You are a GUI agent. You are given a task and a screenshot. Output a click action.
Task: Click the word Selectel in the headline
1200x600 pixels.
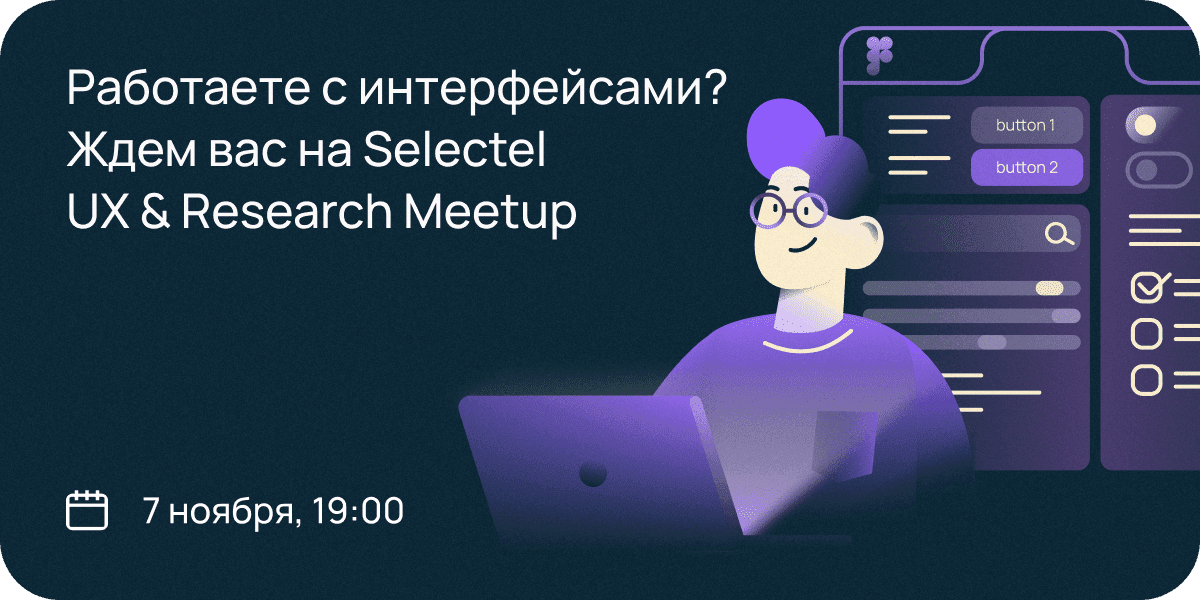click(454, 149)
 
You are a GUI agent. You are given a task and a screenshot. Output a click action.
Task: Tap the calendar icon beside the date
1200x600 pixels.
click(87, 510)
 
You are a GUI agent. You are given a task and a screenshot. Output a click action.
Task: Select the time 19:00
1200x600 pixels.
click(357, 510)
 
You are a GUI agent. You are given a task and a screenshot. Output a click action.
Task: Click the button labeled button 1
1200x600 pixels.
click(1026, 125)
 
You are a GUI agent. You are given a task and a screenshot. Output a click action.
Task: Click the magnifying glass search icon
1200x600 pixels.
click(1059, 234)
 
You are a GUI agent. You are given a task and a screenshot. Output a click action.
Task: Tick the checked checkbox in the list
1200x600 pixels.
click(1150, 288)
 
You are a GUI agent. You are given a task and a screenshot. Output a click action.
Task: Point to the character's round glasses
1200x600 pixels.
click(789, 210)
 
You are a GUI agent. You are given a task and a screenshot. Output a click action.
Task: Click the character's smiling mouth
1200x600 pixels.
click(802, 247)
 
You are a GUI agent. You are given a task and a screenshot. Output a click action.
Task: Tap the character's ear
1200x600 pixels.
click(864, 242)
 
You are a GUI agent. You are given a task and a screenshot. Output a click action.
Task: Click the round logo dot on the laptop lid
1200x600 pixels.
click(592, 473)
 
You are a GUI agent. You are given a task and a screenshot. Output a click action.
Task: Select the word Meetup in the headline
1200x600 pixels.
click(490, 213)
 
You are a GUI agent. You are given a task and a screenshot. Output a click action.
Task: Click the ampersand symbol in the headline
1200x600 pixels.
click(155, 211)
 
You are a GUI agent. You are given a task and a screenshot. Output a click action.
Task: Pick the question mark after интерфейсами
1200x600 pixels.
click(712, 87)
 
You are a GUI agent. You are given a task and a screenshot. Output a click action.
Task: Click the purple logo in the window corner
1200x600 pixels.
click(879, 55)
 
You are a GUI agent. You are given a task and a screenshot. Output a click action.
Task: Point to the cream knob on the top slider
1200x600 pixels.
click(1049, 288)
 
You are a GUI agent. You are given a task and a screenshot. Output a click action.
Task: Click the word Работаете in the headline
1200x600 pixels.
click(188, 87)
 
